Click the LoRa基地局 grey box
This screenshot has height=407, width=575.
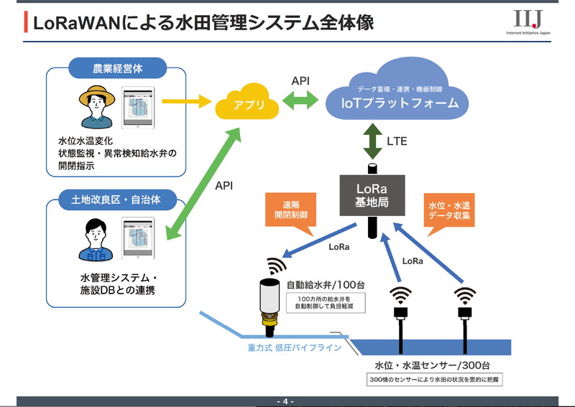[x=372, y=195]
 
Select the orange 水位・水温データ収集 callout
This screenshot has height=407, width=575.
[x=452, y=210]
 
